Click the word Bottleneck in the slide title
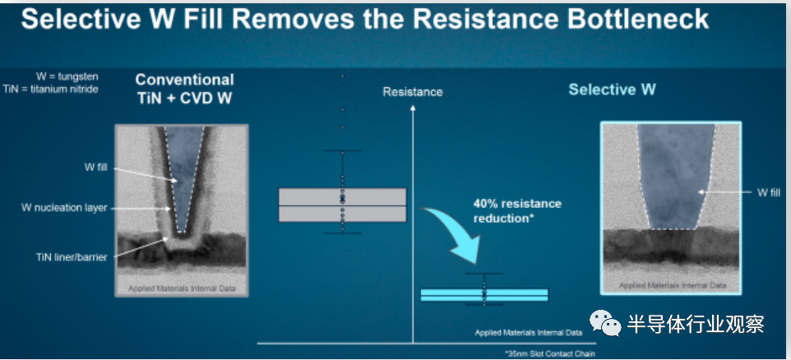[x=639, y=20]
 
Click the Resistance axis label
[x=413, y=92]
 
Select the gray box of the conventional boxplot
[x=343, y=205]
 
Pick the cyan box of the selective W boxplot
[x=484, y=295]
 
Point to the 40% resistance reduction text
[x=517, y=210]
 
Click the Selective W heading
[x=612, y=90]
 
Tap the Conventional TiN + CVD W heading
[x=185, y=89]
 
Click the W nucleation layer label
[x=64, y=207]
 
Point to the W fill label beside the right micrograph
[x=769, y=192]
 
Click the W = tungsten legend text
[x=67, y=76]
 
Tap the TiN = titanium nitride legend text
[x=50, y=90]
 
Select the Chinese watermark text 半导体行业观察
[x=696, y=324]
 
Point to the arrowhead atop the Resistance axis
[x=413, y=108]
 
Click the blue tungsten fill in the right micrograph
[x=675, y=177]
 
